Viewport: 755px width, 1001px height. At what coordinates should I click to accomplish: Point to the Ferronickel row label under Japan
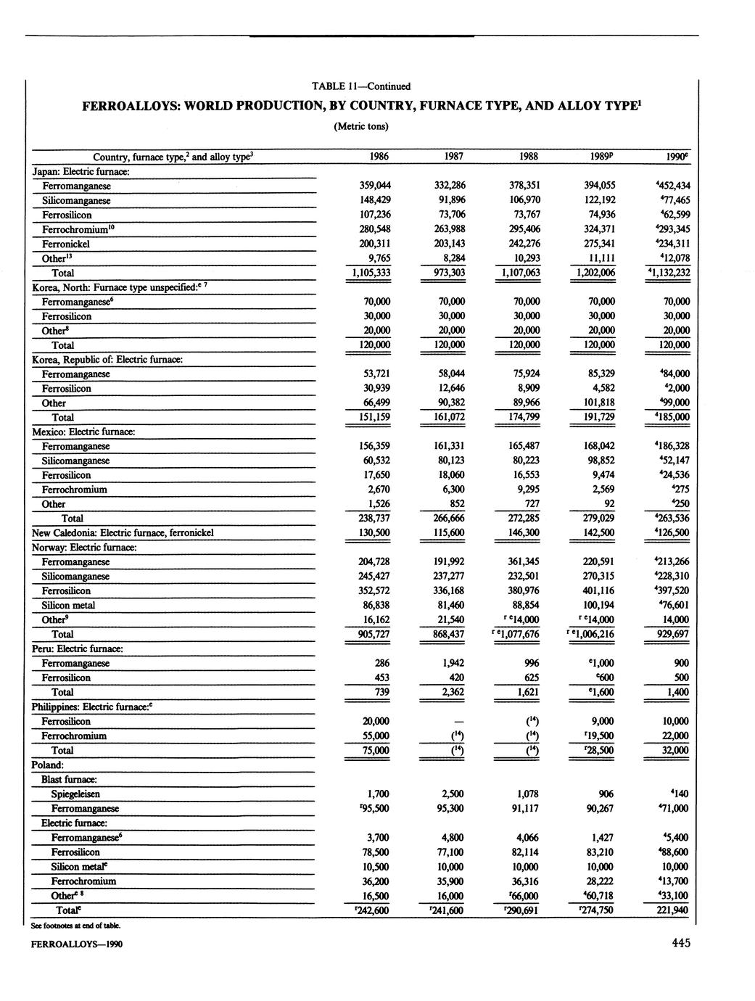pos(66,244)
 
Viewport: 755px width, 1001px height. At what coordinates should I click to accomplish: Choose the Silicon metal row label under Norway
pos(68,606)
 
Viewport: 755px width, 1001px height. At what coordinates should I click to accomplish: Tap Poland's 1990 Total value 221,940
pos(671,910)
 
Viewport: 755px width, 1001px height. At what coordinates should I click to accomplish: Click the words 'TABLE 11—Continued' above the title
pos(361,86)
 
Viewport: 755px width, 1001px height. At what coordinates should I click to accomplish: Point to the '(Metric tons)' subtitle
pos(360,126)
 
